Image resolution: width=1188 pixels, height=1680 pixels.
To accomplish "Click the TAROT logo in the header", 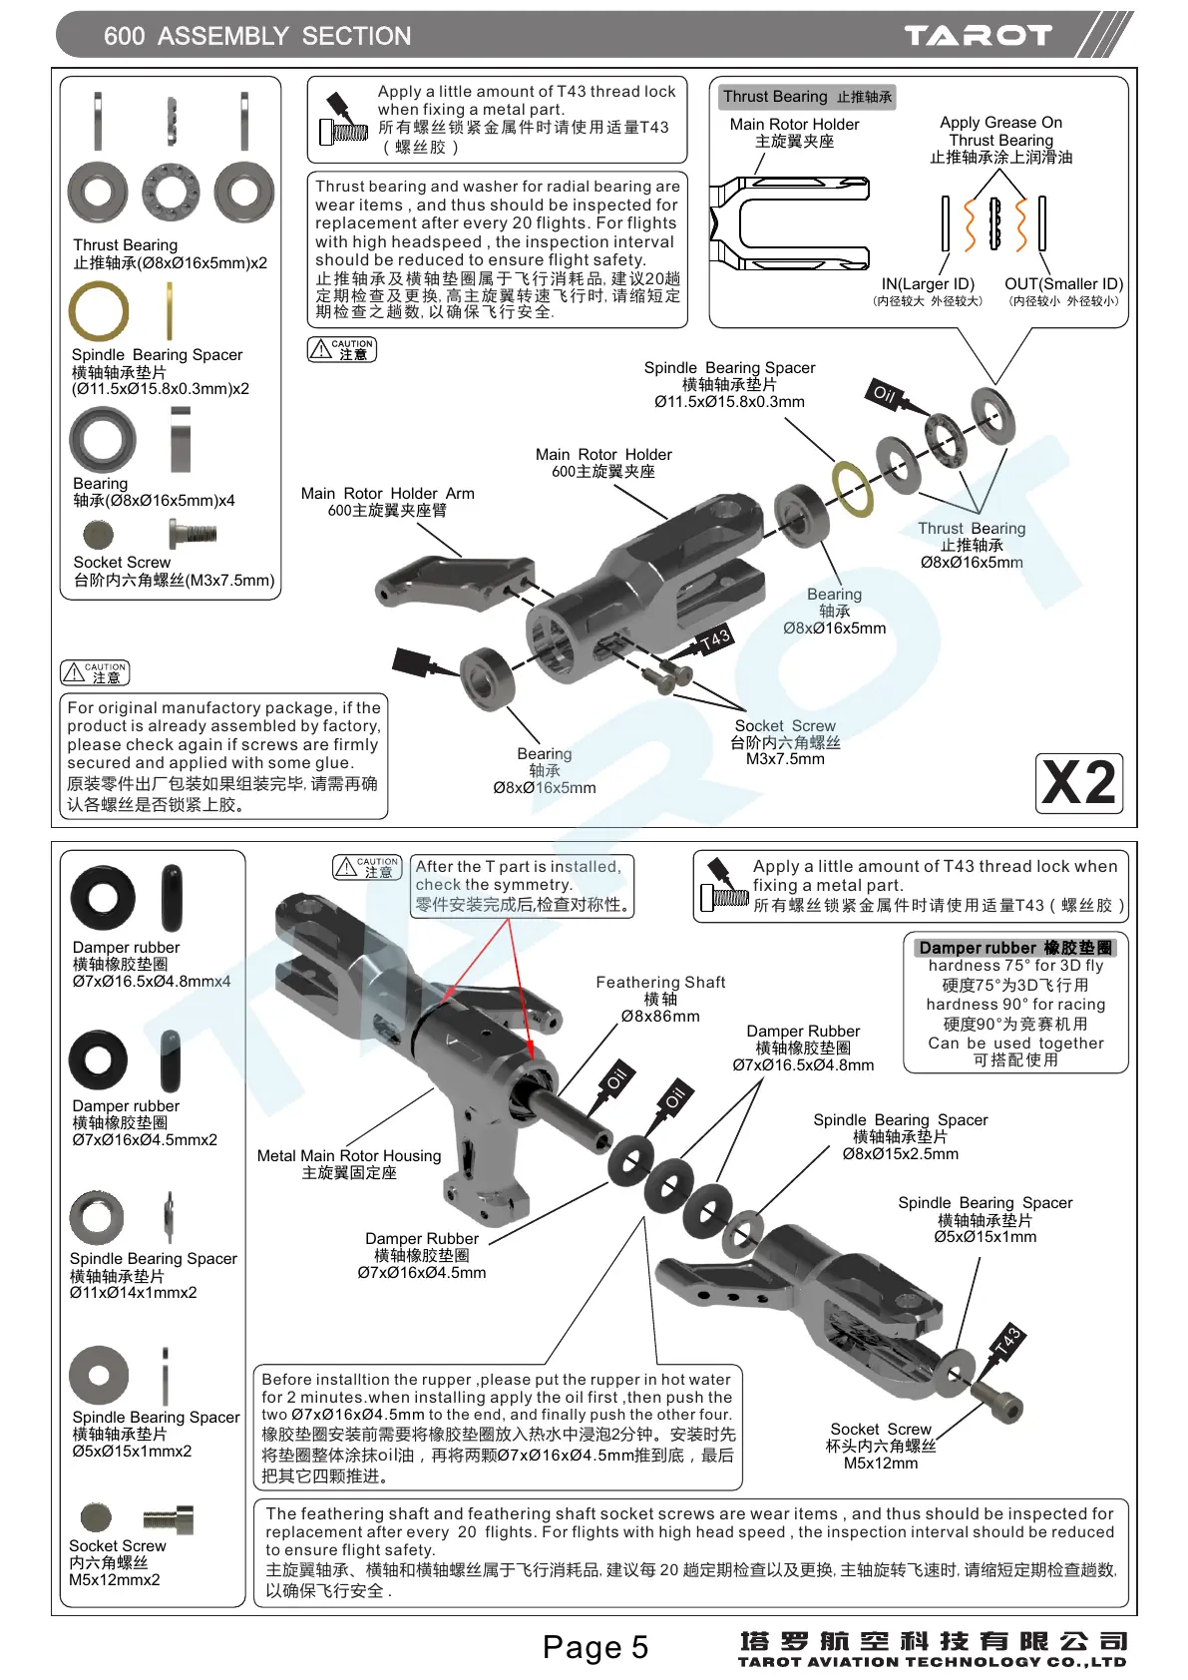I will (x=978, y=36).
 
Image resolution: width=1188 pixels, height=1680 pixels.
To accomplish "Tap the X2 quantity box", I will (x=1079, y=783).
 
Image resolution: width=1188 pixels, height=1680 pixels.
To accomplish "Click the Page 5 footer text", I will (x=595, y=1647).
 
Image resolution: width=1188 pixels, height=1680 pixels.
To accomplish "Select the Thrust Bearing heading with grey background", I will (x=807, y=97).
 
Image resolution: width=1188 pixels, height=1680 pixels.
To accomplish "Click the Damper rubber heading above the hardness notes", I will (x=1015, y=948).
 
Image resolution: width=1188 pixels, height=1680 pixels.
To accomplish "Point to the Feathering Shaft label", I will (x=660, y=983).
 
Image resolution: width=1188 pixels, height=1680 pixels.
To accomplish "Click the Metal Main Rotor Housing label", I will (x=349, y=1155).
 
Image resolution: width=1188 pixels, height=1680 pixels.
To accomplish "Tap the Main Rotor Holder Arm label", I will (x=387, y=494).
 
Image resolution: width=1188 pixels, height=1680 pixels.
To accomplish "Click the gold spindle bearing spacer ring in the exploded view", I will (x=852, y=488).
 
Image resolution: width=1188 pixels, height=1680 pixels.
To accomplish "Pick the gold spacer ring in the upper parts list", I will (x=99, y=311).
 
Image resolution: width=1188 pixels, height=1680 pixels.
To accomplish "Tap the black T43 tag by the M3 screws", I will (x=713, y=640).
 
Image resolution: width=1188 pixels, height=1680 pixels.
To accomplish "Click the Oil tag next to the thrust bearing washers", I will (x=884, y=394).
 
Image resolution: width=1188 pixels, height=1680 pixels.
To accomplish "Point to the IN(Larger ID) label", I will (x=928, y=284).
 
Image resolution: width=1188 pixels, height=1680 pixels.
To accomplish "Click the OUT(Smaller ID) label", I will (x=1063, y=284).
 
